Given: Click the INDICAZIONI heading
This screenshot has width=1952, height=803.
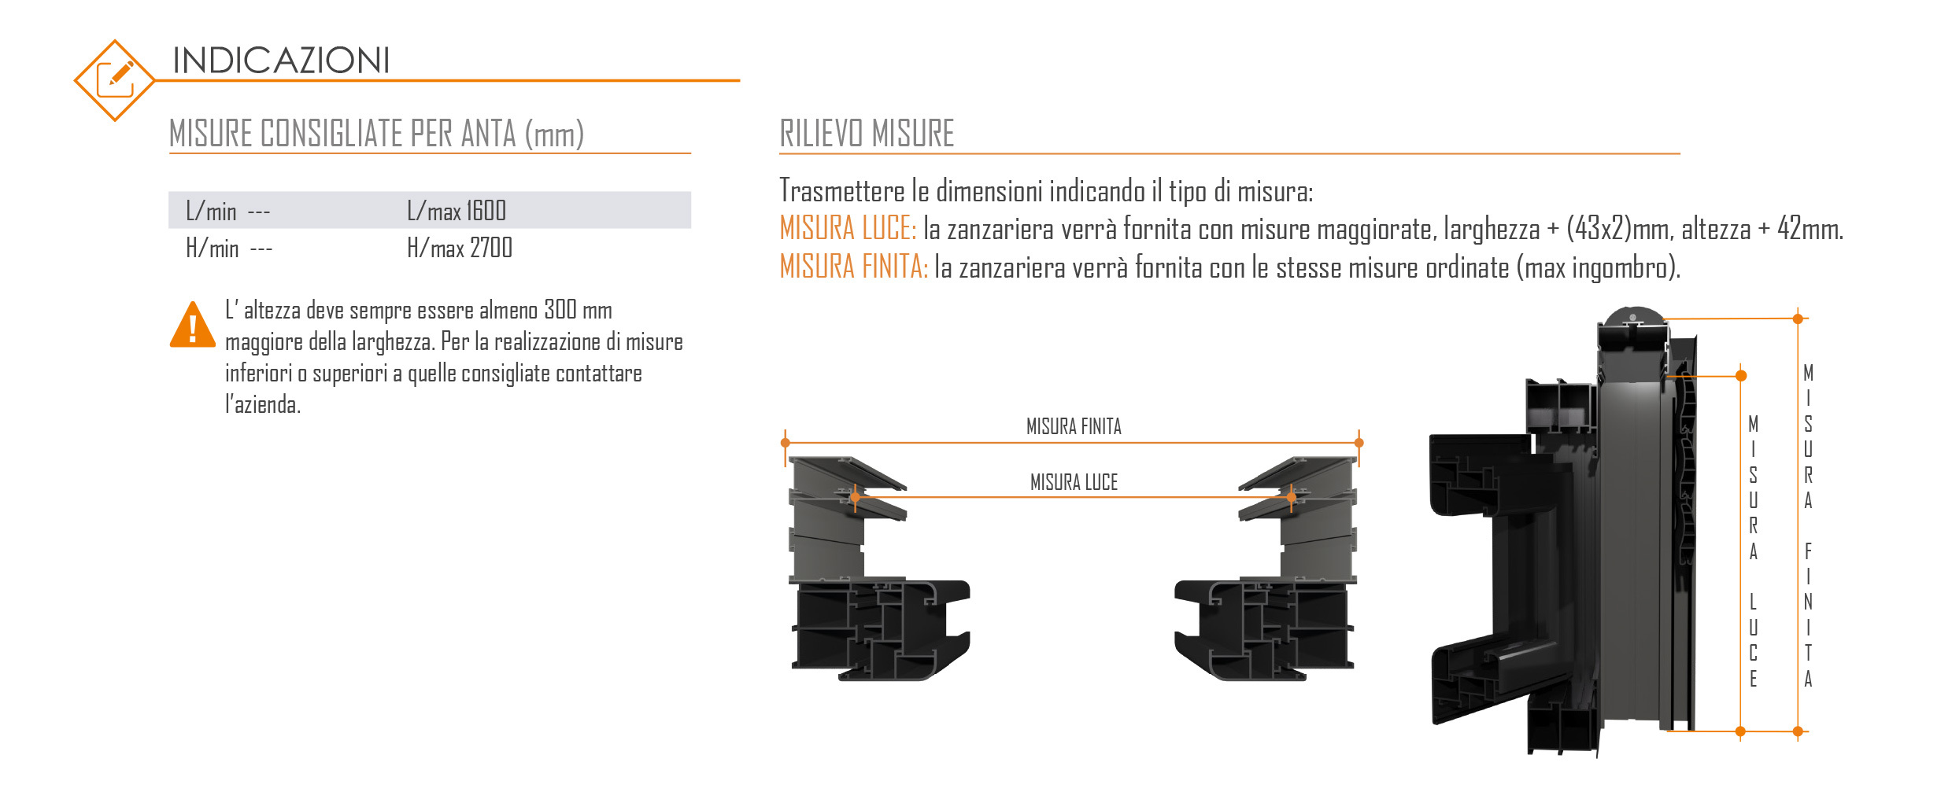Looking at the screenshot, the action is (281, 61).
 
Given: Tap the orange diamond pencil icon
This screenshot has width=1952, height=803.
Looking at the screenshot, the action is (114, 80).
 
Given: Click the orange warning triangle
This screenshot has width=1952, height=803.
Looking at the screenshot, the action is (192, 325).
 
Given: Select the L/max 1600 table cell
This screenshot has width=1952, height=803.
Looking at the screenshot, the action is (457, 211).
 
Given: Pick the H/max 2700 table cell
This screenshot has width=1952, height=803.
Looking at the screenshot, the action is (460, 248).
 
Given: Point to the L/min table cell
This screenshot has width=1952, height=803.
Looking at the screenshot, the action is (228, 211).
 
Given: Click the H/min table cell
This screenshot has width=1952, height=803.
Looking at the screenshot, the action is (229, 248).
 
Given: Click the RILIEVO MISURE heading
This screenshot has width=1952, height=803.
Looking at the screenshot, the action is (867, 133).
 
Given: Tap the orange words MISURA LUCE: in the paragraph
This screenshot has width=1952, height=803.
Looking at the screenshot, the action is (848, 228).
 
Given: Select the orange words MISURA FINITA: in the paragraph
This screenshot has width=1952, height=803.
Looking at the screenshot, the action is (854, 267).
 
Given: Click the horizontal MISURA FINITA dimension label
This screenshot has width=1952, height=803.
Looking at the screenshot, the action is (1074, 426).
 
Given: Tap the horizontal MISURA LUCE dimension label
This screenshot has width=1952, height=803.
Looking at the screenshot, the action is (1074, 482).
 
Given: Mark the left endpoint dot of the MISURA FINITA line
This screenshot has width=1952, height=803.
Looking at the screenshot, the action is (786, 443).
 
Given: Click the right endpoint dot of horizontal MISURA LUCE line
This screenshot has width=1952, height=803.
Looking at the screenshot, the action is (1292, 497).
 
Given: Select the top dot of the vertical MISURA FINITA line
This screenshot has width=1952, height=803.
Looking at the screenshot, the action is (1798, 319).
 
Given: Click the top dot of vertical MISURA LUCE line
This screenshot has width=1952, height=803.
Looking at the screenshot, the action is (1741, 376).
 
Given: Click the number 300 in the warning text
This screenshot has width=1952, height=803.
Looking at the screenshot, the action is (560, 310).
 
